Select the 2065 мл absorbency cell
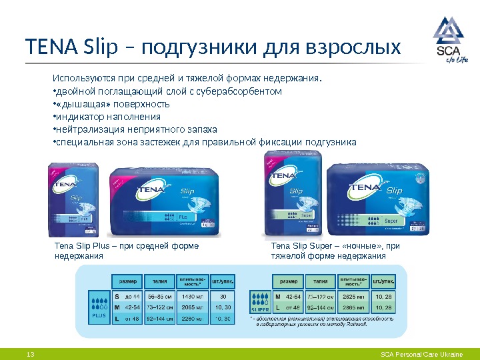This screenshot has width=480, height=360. [x=191, y=307]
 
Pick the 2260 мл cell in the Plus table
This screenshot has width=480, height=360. [x=191, y=319]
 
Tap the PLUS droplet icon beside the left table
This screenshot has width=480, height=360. [x=99, y=307]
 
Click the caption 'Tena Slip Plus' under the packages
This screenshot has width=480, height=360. [x=85, y=247]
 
